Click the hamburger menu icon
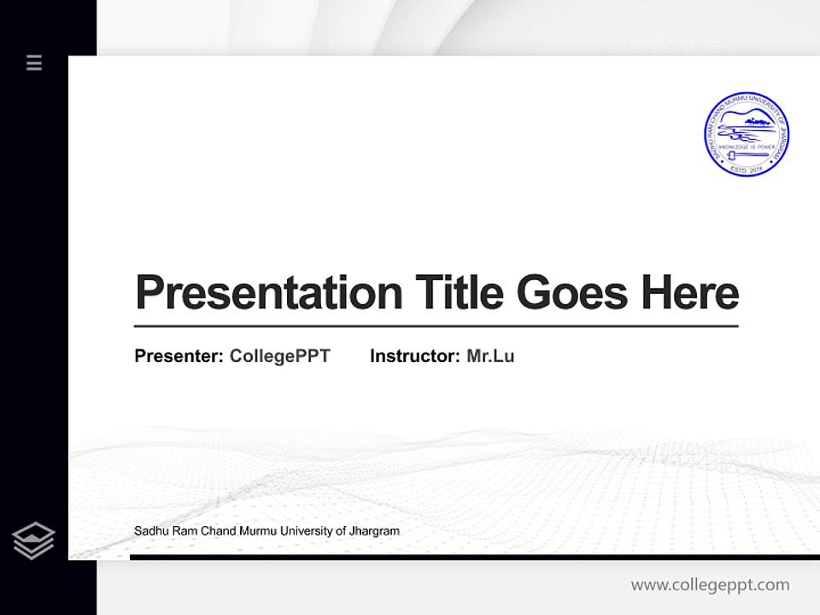pyautogui.click(x=34, y=62)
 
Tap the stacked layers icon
pyautogui.click(x=33, y=541)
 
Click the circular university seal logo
pyautogui.click(x=746, y=135)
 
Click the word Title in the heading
pyautogui.click(x=459, y=292)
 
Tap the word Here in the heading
pyautogui.click(x=689, y=292)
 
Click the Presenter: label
pyautogui.click(x=179, y=356)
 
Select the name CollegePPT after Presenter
pyautogui.click(x=279, y=356)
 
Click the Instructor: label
pyautogui.click(x=415, y=356)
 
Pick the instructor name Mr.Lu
pyautogui.click(x=490, y=356)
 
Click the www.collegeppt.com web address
pyautogui.click(x=710, y=585)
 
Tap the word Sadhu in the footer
pyautogui.click(x=149, y=531)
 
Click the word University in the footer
pyautogui.click(x=305, y=531)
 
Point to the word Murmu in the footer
pyautogui.click(x=254, y=531)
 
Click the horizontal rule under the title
pyautogui.click(x=436, y=326)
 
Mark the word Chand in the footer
pyautogui.click(x=215, y=531)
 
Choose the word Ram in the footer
pyautogui.click(x=182, y=531)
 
